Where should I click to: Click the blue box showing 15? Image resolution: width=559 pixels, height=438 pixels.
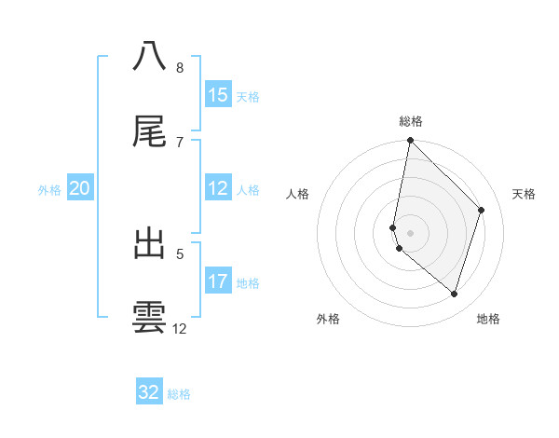pyautogui.click(x=218, y=95)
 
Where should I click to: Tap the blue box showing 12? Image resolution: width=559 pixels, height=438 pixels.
pyautogui.click(x=218, y=189)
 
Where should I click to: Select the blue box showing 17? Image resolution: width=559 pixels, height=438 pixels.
pyautogui.click(x=218, y=281)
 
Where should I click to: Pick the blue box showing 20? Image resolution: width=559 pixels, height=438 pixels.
pyautogui.click(x=80, y=189)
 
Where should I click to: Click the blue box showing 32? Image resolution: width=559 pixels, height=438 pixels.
pyautogui.click(x=149, y=392)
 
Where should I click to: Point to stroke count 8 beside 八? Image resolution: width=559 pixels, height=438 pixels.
pyautogui.click(x=180, y=68)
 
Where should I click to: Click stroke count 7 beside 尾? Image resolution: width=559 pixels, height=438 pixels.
pyautogui.click(x=180, y=143)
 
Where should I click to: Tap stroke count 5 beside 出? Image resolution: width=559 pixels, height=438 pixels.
pyautogui.click(x=180, y=253)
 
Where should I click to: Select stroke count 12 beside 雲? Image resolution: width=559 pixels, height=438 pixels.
pyautogui.click(x=180, y=329)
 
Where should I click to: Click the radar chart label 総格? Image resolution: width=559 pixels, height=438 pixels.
pyautogui.click(x=411, y=121)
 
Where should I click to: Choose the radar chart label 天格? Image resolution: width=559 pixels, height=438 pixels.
pyautogui.click(x=524, y=194)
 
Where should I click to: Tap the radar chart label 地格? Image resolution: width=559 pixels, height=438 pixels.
pyautogui.click(x=488, y=320)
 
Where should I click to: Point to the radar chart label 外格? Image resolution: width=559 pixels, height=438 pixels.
pyautogui.click(x=328, y=320)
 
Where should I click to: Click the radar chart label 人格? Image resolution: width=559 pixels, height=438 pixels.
pyautogui.click(x=298, y=194)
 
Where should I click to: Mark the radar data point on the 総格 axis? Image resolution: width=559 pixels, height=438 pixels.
pyautogui.click(x=410, y=141)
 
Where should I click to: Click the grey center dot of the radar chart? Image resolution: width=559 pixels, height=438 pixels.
pyautogui.click(x=410, y=232)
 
